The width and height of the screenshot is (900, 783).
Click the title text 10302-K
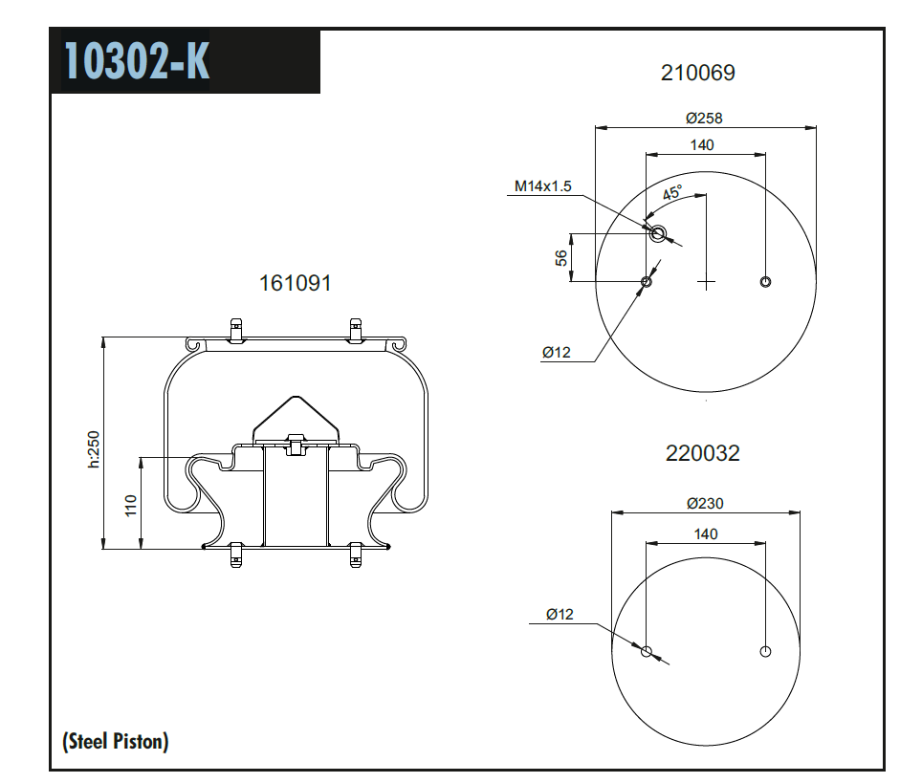pyautogui.click(x=137, y=61)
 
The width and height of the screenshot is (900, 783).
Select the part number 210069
pyautogui.click(x=698, y=73)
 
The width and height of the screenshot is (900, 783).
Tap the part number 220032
pyautogui.click(x=702, y=453)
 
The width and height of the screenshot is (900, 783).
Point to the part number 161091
pyautogui.click(x=295, y=284)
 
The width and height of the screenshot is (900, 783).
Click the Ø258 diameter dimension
pyautogui.click(x=704, y=119)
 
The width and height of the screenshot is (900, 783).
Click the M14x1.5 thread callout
pyautogui.click(x=542, y=186)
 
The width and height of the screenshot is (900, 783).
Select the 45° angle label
pyautogui.click(x=673, y=193)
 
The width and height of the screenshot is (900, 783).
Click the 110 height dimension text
pyautogui.click(x=131, y=504)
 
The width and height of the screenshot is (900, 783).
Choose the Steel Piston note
pyautogui.click(x=116, y=741)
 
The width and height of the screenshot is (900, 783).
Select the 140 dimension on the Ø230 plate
pyautogui.click(x=705, y=534)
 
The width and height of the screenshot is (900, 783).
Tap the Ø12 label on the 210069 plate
pyautogui.click(x=556, y=353)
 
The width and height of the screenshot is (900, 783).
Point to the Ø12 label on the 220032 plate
pyautogui.click(x=560, y=615)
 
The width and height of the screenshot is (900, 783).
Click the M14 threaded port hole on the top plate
pyautogui.click(x=657, y=233)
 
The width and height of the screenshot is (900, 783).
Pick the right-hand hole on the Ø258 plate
pyautogui.click(x=765, y=281)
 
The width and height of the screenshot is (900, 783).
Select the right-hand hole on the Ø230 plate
pyautogui.click(x=765, y=652)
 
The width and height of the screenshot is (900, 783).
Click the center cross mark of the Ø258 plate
pyautogui.click(x=706, y=282)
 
